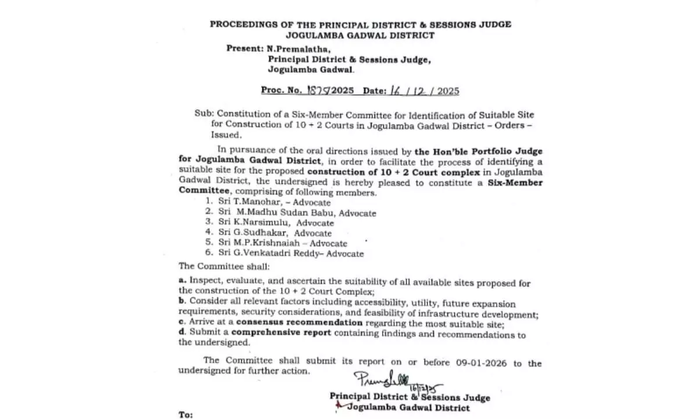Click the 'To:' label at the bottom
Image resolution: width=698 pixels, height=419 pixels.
(x=186, y=415)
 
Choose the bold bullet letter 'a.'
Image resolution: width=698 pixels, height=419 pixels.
(x=182, y=282)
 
